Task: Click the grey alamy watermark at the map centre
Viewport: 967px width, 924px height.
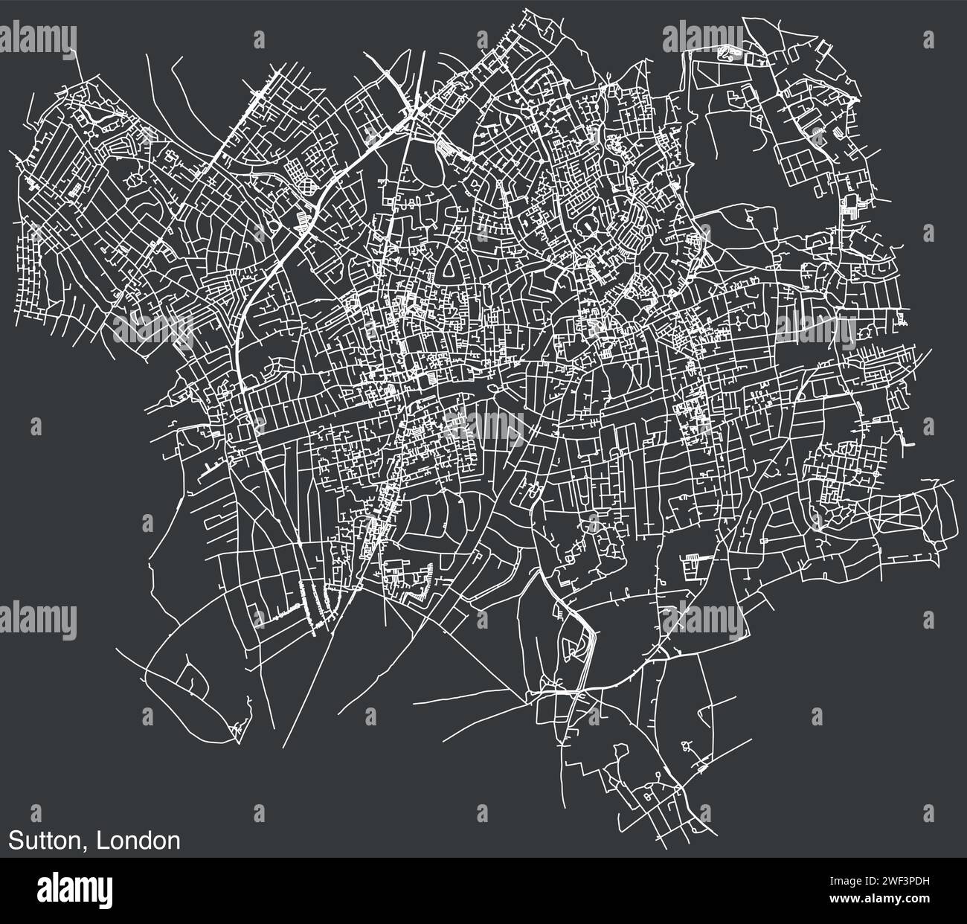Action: click(483, 424)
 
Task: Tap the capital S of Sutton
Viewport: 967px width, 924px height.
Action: click(14, 841)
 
